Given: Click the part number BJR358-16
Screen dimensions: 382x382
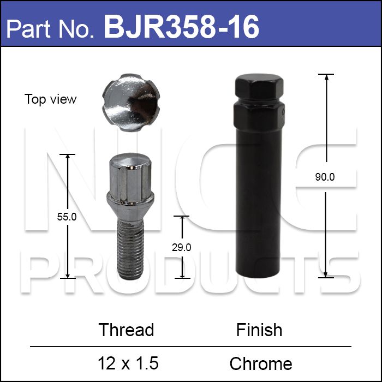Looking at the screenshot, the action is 181,27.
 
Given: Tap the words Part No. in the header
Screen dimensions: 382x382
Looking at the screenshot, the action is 50,29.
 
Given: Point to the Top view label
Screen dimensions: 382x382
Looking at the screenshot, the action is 50,99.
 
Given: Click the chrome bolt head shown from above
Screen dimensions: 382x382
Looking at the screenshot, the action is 131,103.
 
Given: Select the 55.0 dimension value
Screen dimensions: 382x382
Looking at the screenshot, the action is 67,217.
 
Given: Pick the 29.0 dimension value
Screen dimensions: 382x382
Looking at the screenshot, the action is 182,248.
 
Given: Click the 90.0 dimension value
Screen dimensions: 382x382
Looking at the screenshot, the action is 325,177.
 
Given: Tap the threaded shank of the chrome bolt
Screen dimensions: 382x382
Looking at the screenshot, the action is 130,249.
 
